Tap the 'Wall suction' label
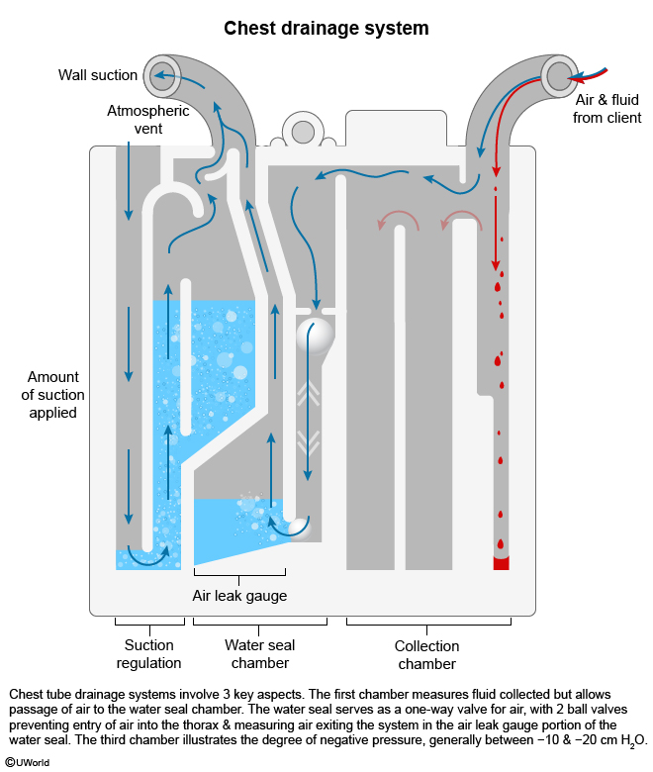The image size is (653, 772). [x=97, y=75]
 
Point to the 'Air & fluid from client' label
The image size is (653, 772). [x=608, y=109]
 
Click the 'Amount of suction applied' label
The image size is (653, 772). [x=55, y=395]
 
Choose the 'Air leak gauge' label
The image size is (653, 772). [x=239, y=596]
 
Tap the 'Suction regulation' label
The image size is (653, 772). [x=149, y=653]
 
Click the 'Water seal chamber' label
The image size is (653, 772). [x=260, y=653]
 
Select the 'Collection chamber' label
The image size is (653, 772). [x=427, y=653]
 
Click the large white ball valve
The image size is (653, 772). [x=316, y=335]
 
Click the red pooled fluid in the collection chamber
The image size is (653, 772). [x=501, y=562]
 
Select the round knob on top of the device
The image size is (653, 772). [x=302, y=129]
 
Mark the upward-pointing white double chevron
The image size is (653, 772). [x=309, y=395]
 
